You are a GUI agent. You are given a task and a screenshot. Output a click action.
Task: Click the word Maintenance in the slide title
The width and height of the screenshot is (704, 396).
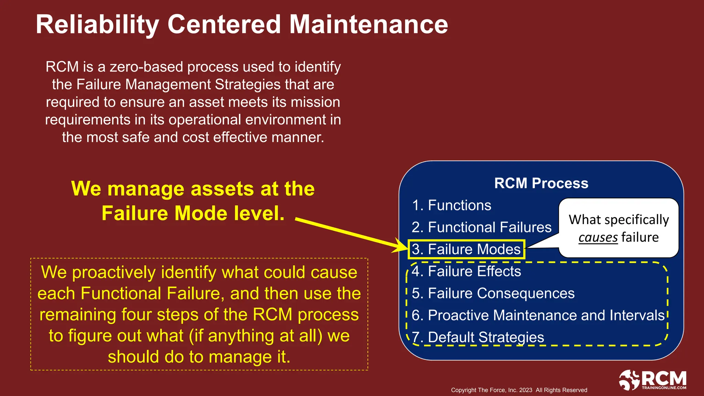(x=368, y=24)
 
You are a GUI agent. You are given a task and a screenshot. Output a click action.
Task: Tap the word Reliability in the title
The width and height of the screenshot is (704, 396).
(x=97, y=24)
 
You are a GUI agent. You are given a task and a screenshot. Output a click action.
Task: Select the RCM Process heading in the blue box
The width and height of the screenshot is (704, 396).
(x=541, y=183)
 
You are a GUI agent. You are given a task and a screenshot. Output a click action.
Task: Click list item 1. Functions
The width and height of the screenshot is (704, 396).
(x=451, y=205)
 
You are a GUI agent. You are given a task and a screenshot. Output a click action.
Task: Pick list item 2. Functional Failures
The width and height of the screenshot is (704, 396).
(x=481, y=227)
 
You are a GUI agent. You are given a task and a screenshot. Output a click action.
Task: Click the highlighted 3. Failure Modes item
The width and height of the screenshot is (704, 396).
(x=466, y=249)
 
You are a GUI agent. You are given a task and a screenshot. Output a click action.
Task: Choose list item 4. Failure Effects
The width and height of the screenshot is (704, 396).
(x=466, y=271)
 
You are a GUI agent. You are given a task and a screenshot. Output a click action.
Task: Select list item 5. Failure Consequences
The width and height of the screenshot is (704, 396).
(x=493, y=293)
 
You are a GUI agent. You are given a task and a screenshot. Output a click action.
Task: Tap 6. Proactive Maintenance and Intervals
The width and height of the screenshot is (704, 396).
(x=538, y=315)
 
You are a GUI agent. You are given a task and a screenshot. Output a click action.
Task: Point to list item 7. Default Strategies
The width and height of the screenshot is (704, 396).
(x=478, y=337)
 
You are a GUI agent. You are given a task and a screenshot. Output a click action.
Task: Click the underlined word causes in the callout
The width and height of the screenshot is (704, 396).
(x=598, y=238)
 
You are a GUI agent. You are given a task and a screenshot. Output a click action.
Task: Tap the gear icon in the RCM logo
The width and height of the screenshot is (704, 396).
(x=629, y=380)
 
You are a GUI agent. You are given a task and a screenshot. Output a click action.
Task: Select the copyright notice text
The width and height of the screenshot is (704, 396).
(x=519, y=390)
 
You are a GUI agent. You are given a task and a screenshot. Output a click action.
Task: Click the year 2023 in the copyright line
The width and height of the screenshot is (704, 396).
(x=526, y=390)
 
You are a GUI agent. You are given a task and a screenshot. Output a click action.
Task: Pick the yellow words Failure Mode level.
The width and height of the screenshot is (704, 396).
(x=193, y=213)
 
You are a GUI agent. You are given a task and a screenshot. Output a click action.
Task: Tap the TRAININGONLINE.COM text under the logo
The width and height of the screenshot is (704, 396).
(x=664, y=388)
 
